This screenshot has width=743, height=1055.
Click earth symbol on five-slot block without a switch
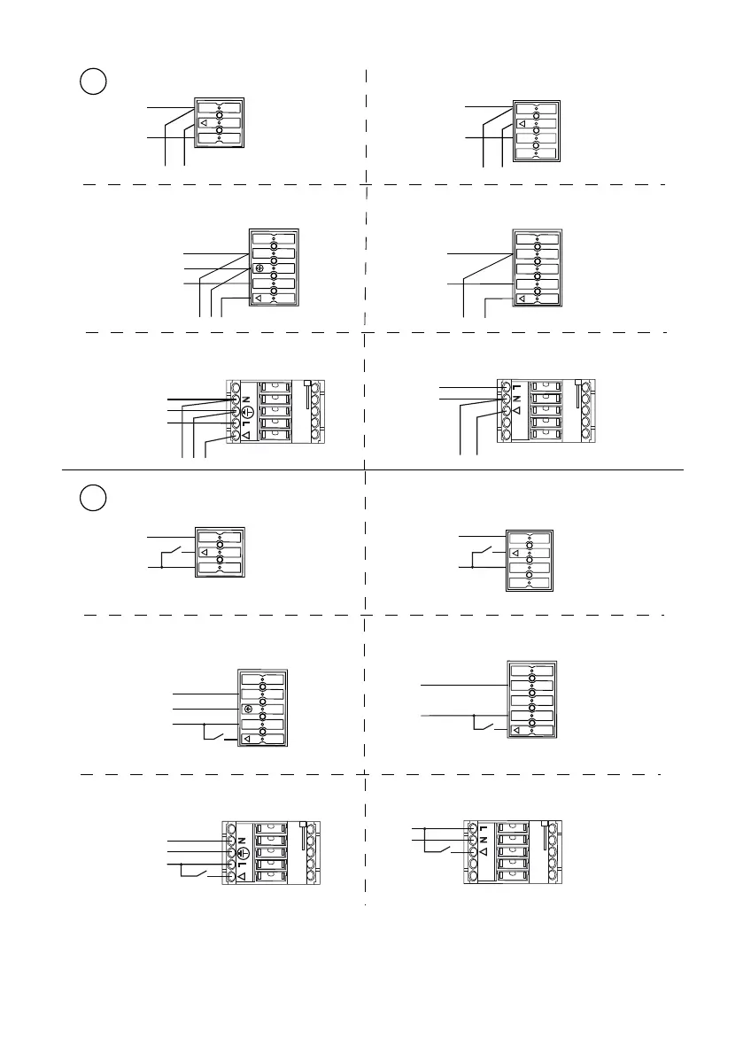[259, 268]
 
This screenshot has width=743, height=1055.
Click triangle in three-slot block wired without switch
[203, 122]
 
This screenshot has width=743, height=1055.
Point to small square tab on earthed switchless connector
[306, 384]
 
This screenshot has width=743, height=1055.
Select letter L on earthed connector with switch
[242, 866]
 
